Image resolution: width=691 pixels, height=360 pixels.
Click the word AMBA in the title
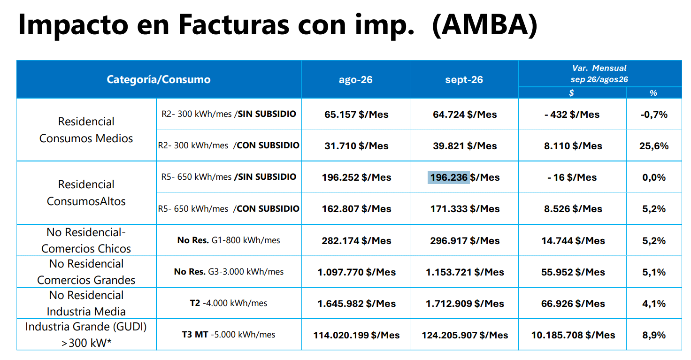[x=485, y=25]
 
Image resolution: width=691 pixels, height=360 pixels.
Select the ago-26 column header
[x=356, y=80]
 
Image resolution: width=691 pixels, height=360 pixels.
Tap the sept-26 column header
[x=464, y=80]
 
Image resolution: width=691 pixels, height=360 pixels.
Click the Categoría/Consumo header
[x=159, y=80]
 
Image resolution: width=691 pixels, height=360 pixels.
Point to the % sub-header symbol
[x=653, y=93]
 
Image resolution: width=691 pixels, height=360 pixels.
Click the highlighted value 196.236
[x=449, y=177]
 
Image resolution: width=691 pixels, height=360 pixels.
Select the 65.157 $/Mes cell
[x=356, y=115]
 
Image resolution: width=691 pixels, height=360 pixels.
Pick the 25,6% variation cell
[x=653, y=146]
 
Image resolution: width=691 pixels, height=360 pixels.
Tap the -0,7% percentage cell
[x=653, y=115]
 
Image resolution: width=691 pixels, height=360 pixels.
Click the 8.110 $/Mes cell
[x=573, y=146]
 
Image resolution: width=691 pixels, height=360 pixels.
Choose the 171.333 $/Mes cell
[x=465, y=209]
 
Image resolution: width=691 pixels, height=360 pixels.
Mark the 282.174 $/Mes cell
[x=356, y=241]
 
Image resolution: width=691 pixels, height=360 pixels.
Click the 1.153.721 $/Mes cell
[x=465, y=272]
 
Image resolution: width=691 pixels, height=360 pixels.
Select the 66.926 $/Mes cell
[x=573, y=304]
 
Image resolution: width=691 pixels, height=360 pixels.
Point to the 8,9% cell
[x=653, y=335]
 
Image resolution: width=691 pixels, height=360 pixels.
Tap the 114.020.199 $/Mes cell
[x=356, y=335]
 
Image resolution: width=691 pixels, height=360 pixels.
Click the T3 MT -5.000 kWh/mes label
[x=228, y=334]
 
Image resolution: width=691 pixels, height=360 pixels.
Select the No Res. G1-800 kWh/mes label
[x=229, y=240]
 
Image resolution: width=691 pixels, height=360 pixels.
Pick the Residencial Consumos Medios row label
[x=86, y=130]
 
